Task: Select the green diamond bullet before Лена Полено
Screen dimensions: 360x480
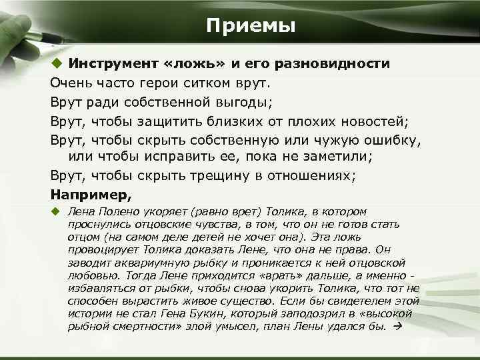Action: click(56, 211)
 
